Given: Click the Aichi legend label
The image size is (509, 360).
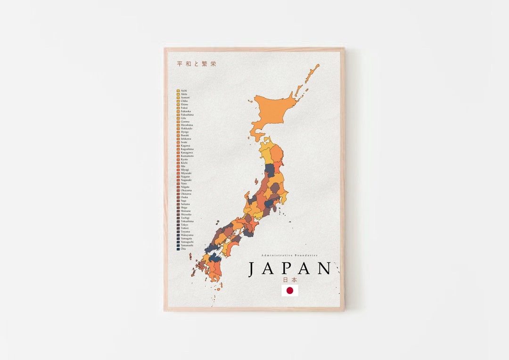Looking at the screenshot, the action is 184,90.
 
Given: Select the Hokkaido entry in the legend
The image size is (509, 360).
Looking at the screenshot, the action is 186,129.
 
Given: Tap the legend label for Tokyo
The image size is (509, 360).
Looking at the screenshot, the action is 184,225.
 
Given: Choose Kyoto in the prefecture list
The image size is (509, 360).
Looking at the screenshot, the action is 184,159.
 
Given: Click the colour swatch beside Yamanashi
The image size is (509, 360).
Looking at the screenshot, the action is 178,245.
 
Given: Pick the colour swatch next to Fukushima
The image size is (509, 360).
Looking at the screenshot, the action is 178,115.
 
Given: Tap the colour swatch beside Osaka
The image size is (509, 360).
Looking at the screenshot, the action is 178,197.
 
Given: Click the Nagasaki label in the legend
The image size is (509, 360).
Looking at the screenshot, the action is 186,180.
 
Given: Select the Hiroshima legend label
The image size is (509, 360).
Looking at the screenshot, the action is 187,125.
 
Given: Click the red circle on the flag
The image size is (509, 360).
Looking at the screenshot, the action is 290,291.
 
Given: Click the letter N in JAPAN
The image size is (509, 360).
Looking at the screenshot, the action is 324,269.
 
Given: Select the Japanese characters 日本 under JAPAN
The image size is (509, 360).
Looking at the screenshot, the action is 290,279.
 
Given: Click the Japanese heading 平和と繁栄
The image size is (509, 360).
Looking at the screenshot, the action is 197,64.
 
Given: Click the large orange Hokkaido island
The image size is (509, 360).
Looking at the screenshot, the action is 273,111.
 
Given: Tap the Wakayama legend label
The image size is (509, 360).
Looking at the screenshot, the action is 187,235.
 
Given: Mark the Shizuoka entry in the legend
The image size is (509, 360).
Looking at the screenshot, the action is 186,214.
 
